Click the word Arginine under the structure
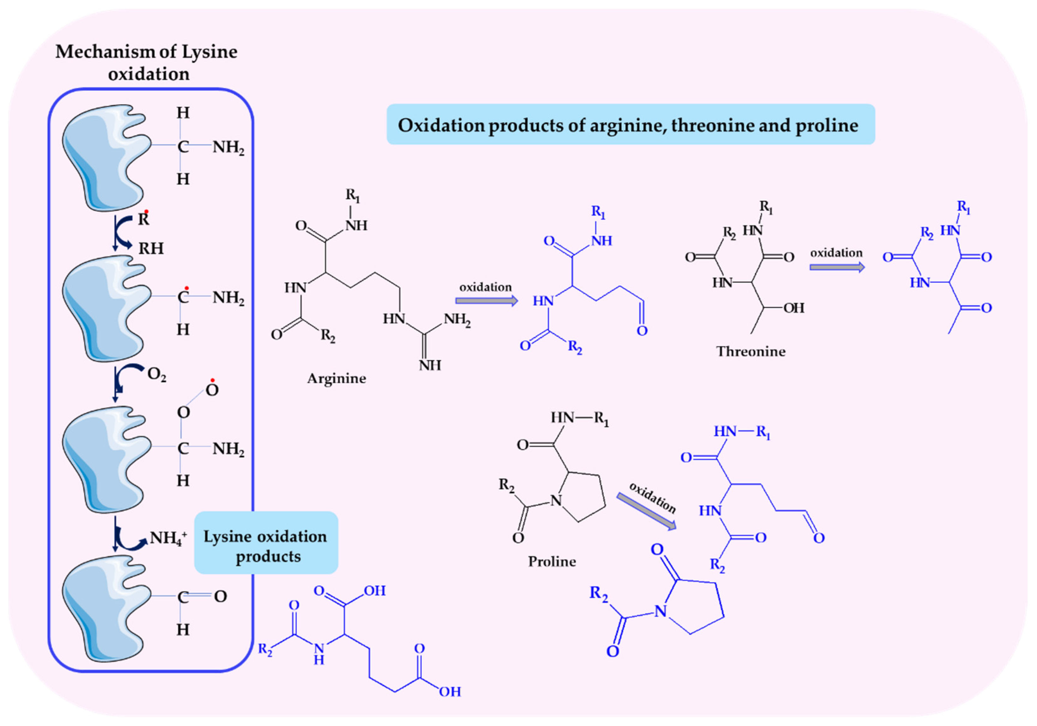pos(336,378)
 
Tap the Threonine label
pos(751,352)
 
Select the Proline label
pos(552,562)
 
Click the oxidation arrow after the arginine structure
pos(486,301)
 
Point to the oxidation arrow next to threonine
pos(837,267)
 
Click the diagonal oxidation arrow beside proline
pos(647,511)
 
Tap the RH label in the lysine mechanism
pos(151,248)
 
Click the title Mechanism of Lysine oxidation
pos(146,62)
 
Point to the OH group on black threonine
pos(794,308)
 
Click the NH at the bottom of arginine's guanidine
pos(430,365)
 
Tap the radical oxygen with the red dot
pos(212,390)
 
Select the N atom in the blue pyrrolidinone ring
pos(660,611)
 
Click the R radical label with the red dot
pos(144,219)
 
